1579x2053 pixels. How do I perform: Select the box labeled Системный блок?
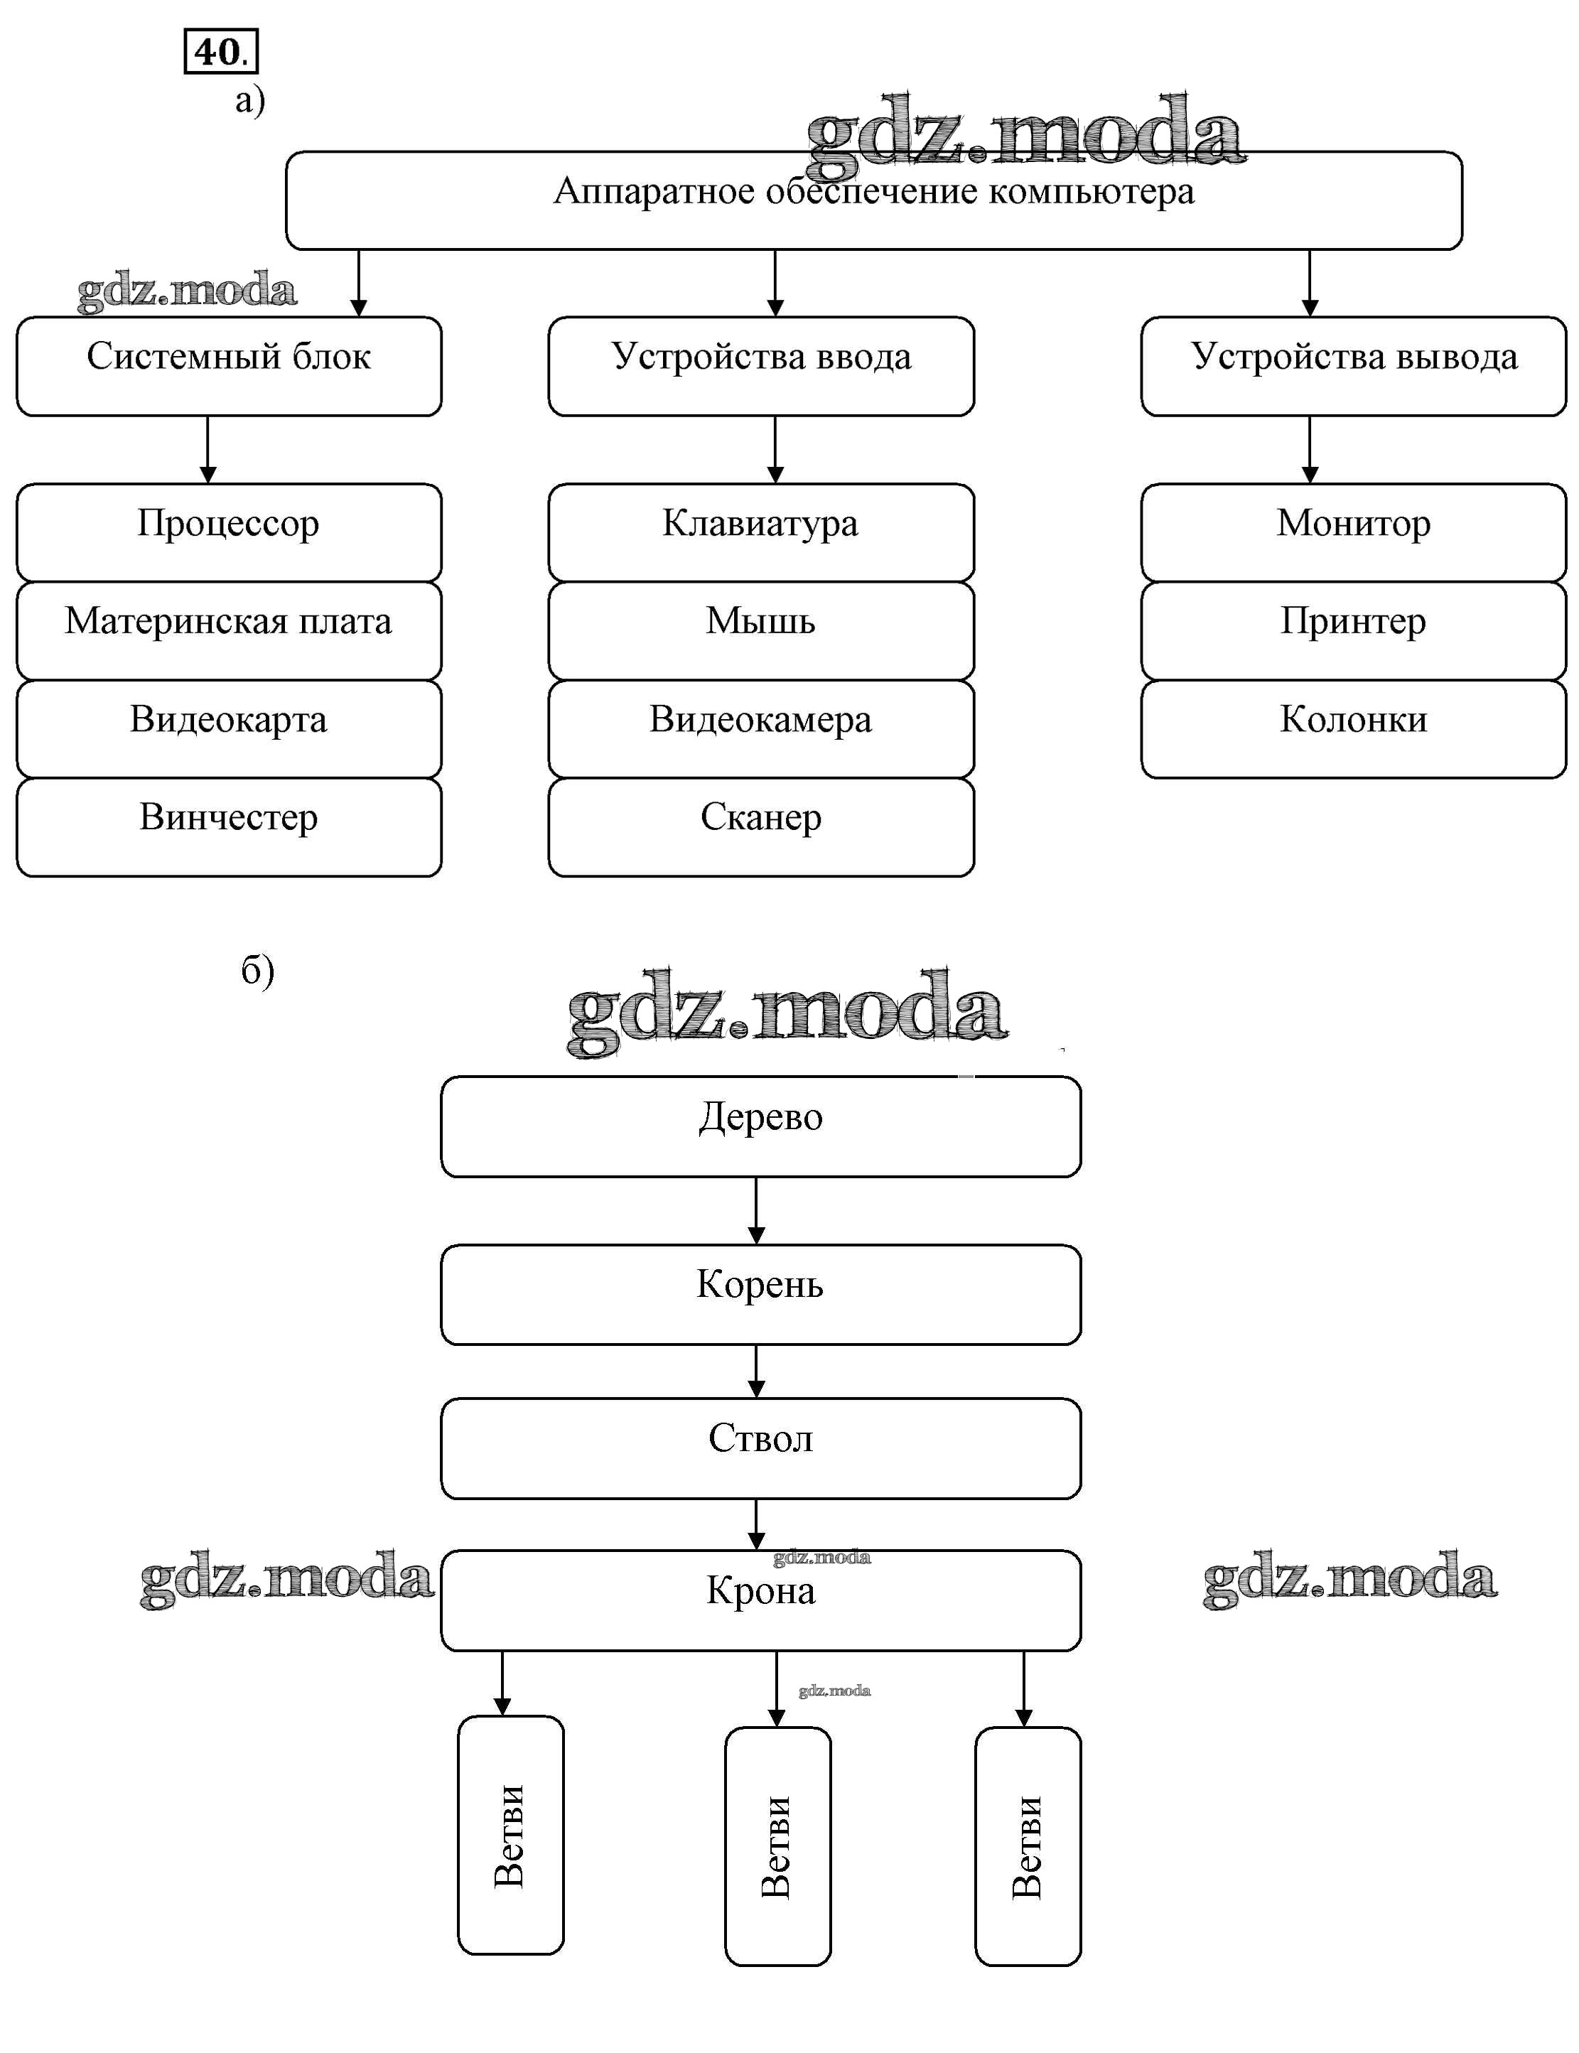tap(228, 366)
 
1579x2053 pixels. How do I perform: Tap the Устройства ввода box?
tap(761, 366)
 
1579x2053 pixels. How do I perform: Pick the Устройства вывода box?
tap(1354, 366)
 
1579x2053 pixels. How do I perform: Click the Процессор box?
tap(228, 532)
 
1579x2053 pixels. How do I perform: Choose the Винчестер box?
tap(228, 826)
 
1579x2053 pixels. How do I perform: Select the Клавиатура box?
tap(761, 532)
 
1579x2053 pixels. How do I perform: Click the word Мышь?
tap(760, 621)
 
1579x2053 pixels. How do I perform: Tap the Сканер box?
tap(761, 826)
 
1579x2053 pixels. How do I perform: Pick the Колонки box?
tap(1354, 728)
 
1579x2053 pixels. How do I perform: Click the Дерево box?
tap(761, 1126)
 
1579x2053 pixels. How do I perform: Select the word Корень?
tap(760, 1284)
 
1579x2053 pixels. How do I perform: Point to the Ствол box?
tap(761, 1448)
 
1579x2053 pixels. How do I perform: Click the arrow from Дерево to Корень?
tap(757, 1211)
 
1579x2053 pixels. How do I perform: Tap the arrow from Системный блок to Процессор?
tap(208, 449)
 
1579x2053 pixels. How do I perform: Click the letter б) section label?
tap(257, 970)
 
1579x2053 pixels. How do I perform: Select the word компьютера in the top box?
tap(1092, 192)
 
